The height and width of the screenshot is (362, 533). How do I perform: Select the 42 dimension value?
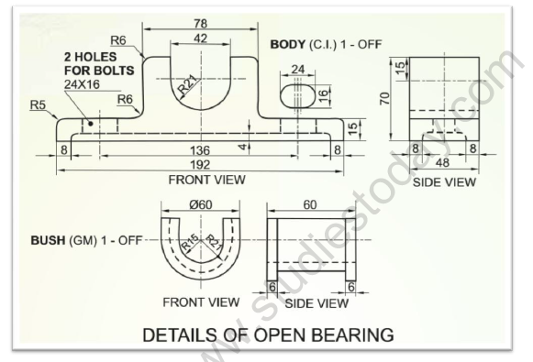pos(200,38)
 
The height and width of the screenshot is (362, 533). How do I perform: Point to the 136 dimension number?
pos(200,149)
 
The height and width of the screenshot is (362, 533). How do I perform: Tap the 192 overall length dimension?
pos(200,165)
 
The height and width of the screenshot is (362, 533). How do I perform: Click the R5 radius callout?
pos(37,104)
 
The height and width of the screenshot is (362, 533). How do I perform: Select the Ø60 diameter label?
pos(200,203)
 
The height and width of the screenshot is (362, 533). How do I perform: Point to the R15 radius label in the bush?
pos(191,244)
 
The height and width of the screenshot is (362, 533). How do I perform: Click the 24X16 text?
pos(84,83)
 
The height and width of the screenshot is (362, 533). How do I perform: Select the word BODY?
pos(287,44)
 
